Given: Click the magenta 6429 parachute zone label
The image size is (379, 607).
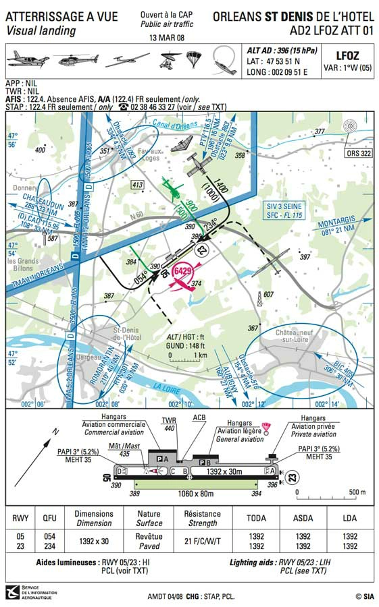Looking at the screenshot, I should (183, 272).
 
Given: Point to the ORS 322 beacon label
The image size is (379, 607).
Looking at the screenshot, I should (358, 153).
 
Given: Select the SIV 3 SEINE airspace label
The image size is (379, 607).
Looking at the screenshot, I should (282, 209).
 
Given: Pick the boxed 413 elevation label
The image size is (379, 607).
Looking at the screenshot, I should (138, 185).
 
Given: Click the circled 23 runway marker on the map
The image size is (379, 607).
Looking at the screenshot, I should (202, 250).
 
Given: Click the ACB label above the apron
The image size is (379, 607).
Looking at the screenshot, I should (199, 417).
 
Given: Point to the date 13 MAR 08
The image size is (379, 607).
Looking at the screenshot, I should (166, 38).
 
